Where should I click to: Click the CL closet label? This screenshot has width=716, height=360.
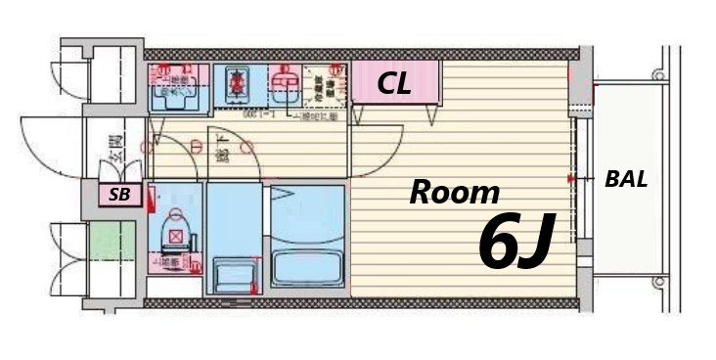click(394, 85)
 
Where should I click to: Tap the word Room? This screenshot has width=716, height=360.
click(454, 193)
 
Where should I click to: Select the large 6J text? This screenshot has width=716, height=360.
click(516, 244)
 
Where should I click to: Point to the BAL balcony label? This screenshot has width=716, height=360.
click(627, 180)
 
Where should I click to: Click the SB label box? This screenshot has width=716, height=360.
click(119, 195)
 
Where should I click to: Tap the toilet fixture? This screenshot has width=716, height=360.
click(175, 235)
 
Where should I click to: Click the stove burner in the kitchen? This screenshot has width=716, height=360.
click(235, 86)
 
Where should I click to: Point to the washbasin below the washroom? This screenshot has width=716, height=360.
click(233, 272)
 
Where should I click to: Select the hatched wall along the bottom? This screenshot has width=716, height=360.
click(362, 303)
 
